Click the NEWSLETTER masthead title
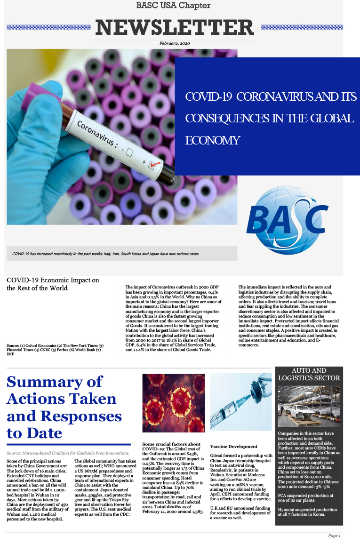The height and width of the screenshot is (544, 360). (x=175, y=27)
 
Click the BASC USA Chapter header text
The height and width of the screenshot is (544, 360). (x=173, y=6)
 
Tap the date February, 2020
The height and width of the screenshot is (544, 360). (x=175, y=43)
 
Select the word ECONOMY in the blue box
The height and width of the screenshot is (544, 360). (x=212, y=140)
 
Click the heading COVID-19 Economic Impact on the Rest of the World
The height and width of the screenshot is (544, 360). (x=53, y=284)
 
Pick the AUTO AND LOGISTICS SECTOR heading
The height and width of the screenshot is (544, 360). (x=309, y=374)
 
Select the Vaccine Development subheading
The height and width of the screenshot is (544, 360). (x=234, y=446)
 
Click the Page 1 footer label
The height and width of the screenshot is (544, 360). (x=334, y=536)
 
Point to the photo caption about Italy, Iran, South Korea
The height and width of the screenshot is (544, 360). (x=106, y=253)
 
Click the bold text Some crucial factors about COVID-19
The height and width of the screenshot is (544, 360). (x=171, y=447)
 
